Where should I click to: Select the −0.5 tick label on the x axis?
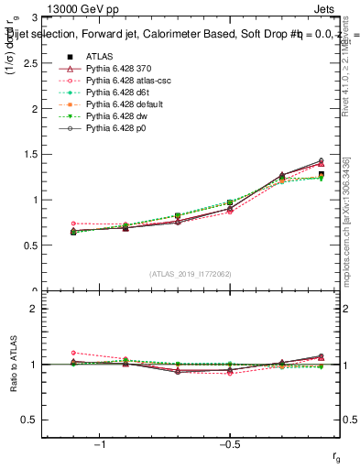point(228,443)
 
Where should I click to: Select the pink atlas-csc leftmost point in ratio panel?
point(73,353)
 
